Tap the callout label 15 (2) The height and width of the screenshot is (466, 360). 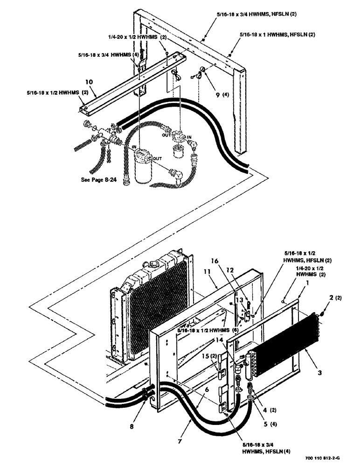tap(221, 357)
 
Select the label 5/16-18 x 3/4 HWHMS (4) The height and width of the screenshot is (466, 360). tap(109, 55)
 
